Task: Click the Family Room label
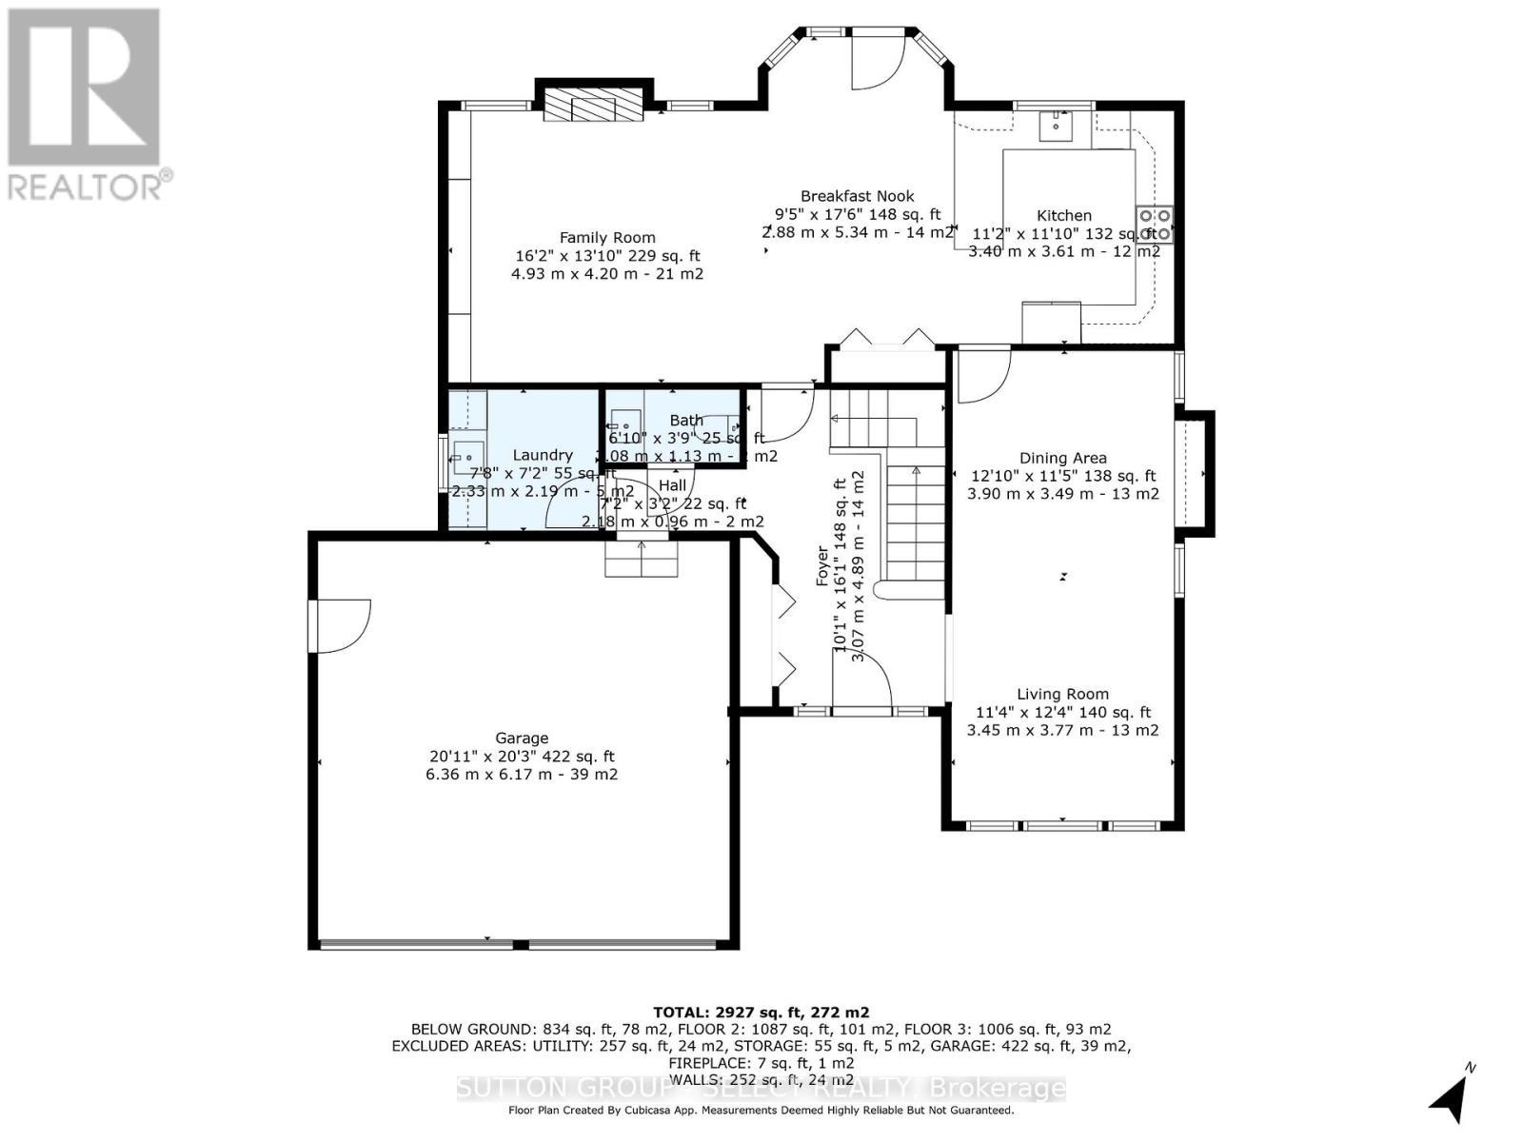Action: point(606,238)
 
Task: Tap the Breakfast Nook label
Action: point(857,196)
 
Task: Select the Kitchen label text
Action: point(1063,216)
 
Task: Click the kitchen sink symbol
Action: point(1056,125)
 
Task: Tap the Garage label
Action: point(522,738)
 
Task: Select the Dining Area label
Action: point(1062,459)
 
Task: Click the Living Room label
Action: point(1062,695)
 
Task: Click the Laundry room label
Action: point(543,456)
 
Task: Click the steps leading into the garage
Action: point(642,560)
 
